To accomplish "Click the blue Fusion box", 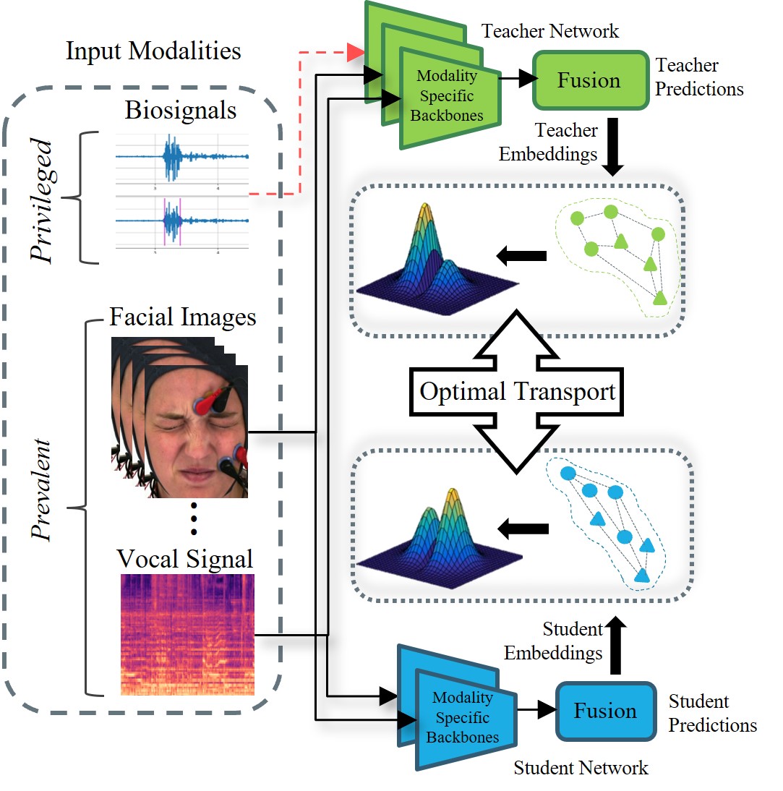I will (x=604, y=711).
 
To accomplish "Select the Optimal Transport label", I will (x=518, y=391).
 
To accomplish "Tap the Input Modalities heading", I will (x=153, y=51).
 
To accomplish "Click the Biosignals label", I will (x=180, y=111).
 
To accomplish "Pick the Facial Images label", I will (x=182, y=317).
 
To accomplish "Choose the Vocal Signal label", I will (x=186, y=558).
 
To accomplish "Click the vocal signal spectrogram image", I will (x=187, y=634).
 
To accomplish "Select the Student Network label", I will (x=581, y=767).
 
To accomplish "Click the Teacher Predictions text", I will (x=698, y=77).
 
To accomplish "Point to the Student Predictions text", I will (x=711, y=713).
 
